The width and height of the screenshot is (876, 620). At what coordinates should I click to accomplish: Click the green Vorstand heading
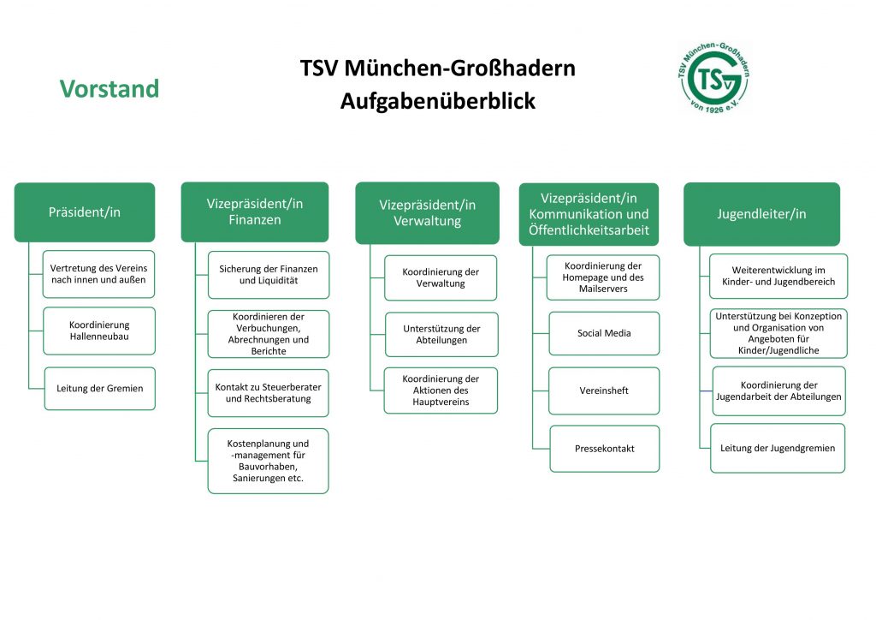click(109, 89)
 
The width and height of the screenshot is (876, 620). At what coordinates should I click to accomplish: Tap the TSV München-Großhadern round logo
click(713, 76)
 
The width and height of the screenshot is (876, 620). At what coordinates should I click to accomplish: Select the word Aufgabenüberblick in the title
click(437, 101)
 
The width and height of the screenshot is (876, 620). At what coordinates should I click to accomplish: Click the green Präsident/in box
click(85, 212)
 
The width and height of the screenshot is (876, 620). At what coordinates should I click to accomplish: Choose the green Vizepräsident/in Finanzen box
click(255, 212)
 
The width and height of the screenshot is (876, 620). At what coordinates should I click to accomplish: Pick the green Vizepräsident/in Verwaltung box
click(428, 213)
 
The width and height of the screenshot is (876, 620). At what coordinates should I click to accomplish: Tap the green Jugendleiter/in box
click(761, 213)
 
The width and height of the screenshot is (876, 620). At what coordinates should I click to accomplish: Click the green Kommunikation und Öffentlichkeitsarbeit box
click(589, 214)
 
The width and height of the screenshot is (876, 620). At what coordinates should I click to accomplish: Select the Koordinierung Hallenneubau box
click(99, 331)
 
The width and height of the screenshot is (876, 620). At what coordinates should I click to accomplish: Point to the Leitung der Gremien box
click(100, 388)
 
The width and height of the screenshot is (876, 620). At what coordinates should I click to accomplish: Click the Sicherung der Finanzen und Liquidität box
click(268, 274)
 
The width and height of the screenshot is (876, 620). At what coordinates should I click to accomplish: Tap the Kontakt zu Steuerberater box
click(268, 393)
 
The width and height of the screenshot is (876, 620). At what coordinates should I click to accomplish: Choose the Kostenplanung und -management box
click(268, 461)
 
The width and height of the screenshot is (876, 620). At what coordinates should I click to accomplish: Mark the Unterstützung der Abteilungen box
click(441, 334)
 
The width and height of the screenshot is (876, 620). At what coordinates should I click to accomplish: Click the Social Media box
click(604, 333)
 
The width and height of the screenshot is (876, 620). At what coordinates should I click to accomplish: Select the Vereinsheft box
click(604, 390)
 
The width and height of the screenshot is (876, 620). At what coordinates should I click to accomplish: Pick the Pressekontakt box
click(605, 448)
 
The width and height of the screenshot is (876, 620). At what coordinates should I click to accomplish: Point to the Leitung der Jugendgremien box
click(778, 447)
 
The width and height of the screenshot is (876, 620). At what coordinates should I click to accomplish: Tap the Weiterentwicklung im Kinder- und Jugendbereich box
click(778, 276)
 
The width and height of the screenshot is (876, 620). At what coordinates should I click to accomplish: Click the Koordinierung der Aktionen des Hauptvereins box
click(441, 390)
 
